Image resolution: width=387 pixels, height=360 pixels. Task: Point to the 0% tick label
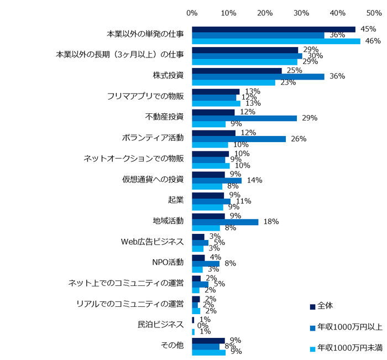click(x=192, y=12)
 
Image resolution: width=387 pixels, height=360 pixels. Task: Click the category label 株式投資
click(x=168, y=75)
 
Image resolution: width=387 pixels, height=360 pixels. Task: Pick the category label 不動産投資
click(x=164, y=117)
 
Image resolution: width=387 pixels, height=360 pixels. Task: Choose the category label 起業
click(x=176, y=200)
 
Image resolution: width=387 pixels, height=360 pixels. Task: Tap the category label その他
click(x=172, y=346)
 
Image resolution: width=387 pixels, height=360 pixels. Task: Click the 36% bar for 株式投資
click(x=258, y=76)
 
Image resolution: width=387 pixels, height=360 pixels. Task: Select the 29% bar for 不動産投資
click(x=244, y=118)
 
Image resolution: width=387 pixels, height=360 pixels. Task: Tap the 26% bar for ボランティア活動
click(x=239, y=138)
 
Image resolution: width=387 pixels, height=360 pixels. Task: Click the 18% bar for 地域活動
click(x=225, y=222)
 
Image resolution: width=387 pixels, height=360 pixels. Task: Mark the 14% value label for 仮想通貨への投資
click(x=255, y=180)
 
